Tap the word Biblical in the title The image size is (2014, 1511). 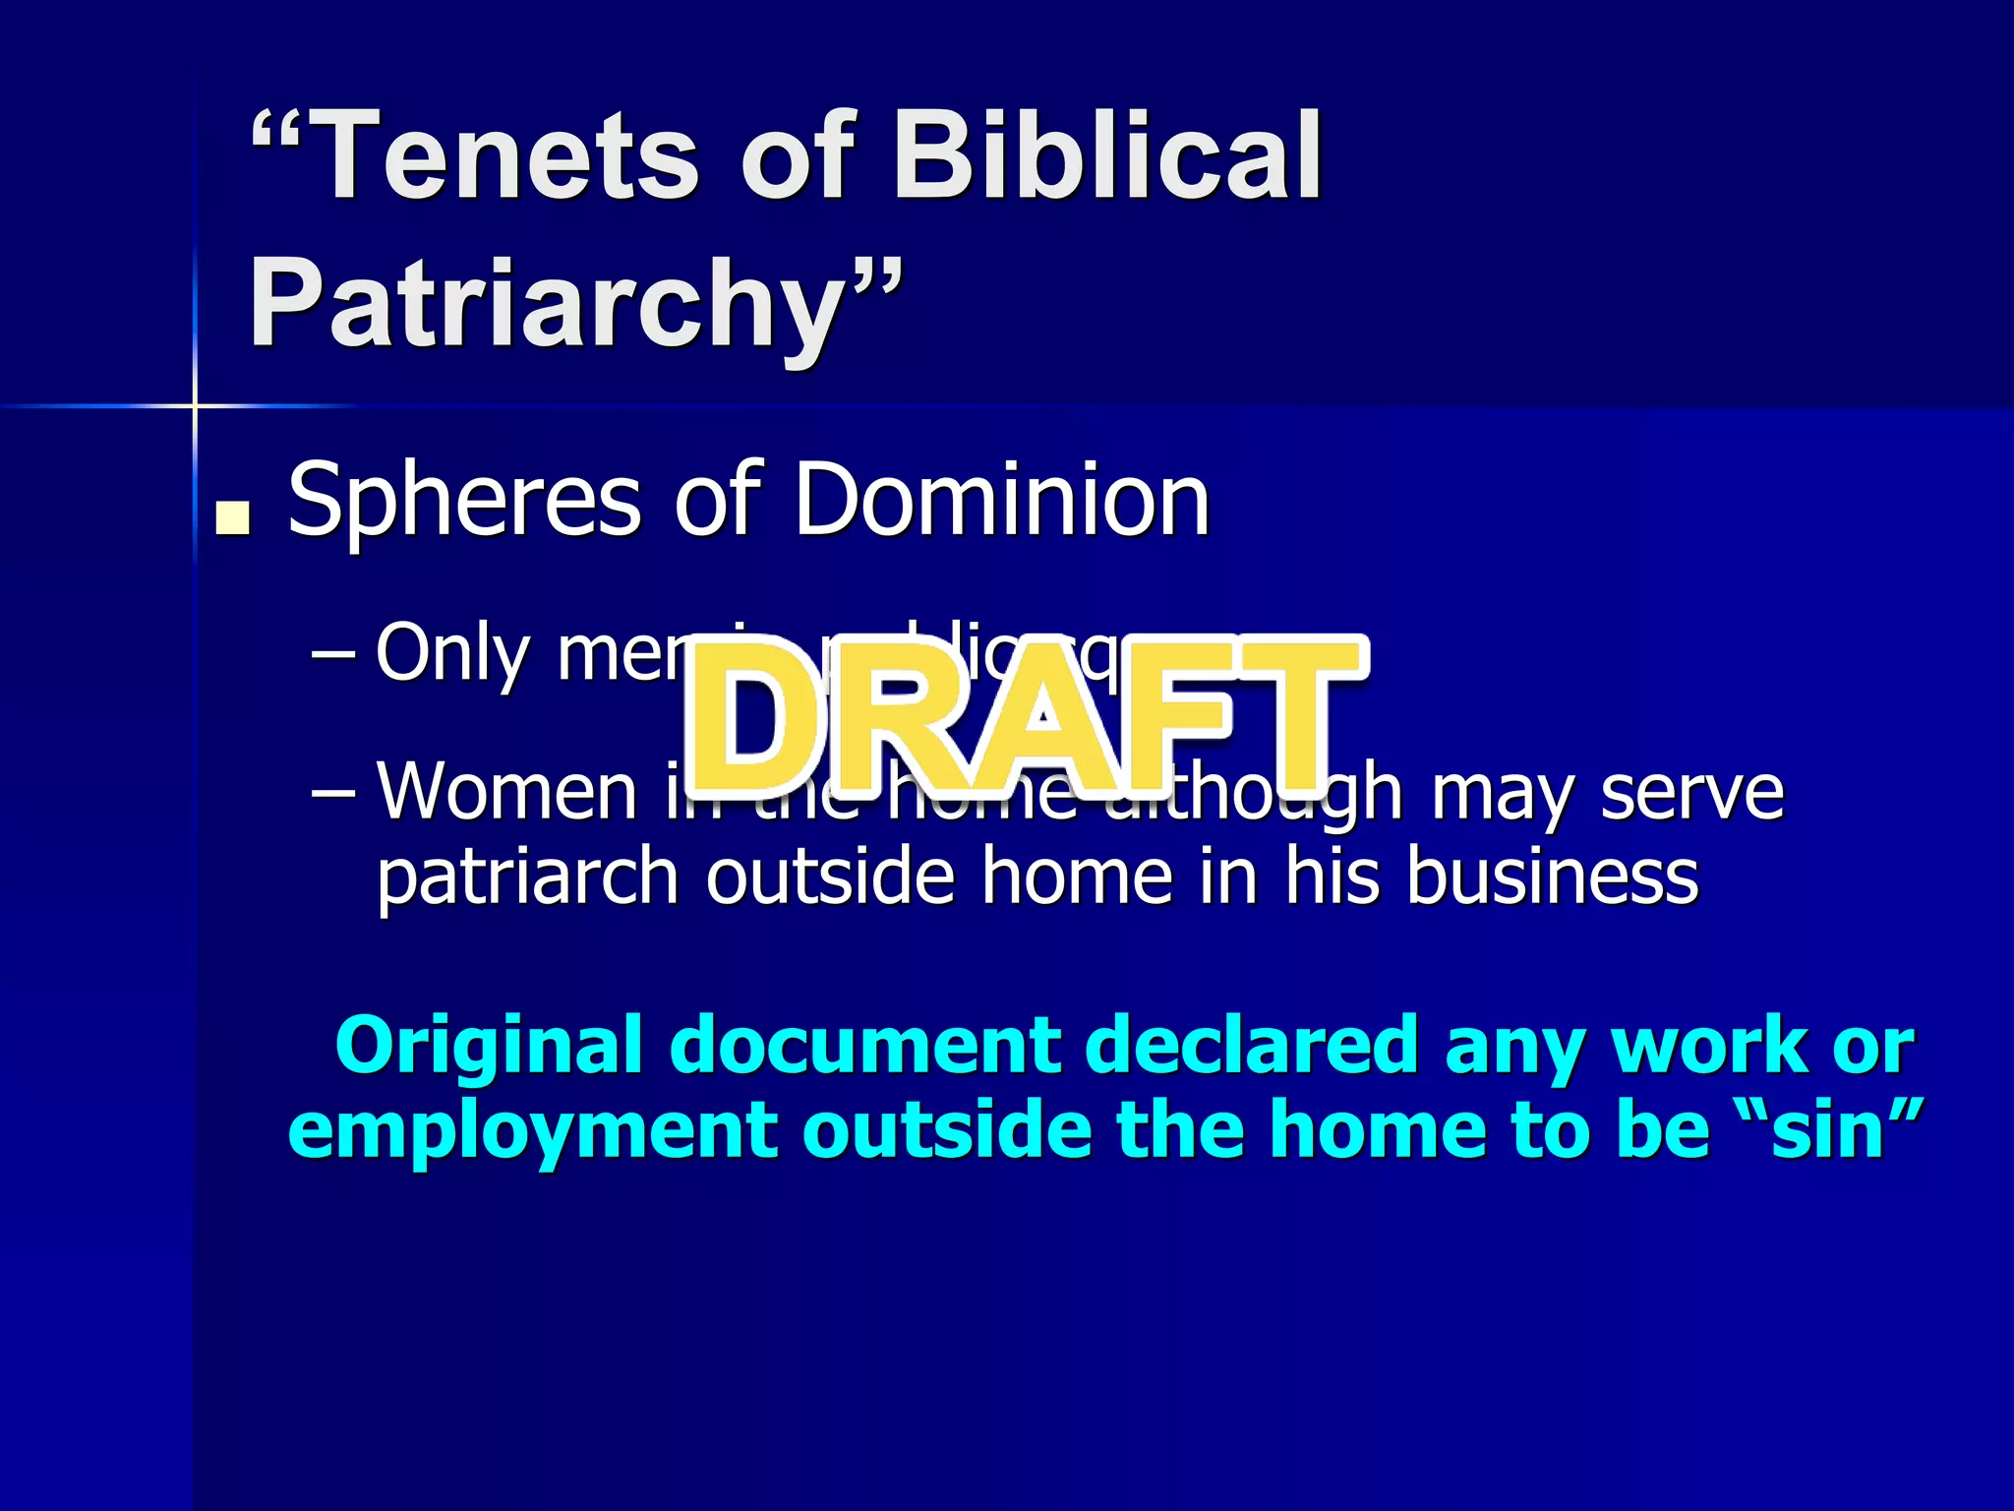tap(1106, 157)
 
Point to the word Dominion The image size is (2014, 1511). tap(1001, 501)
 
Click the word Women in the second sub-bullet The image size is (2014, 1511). tap(507, 792)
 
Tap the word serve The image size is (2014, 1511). tap(1691, 792)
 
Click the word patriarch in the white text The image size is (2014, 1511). tap(527, 877)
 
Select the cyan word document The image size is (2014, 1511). tap(865, 1045)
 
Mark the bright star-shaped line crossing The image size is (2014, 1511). tap(195, 405)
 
